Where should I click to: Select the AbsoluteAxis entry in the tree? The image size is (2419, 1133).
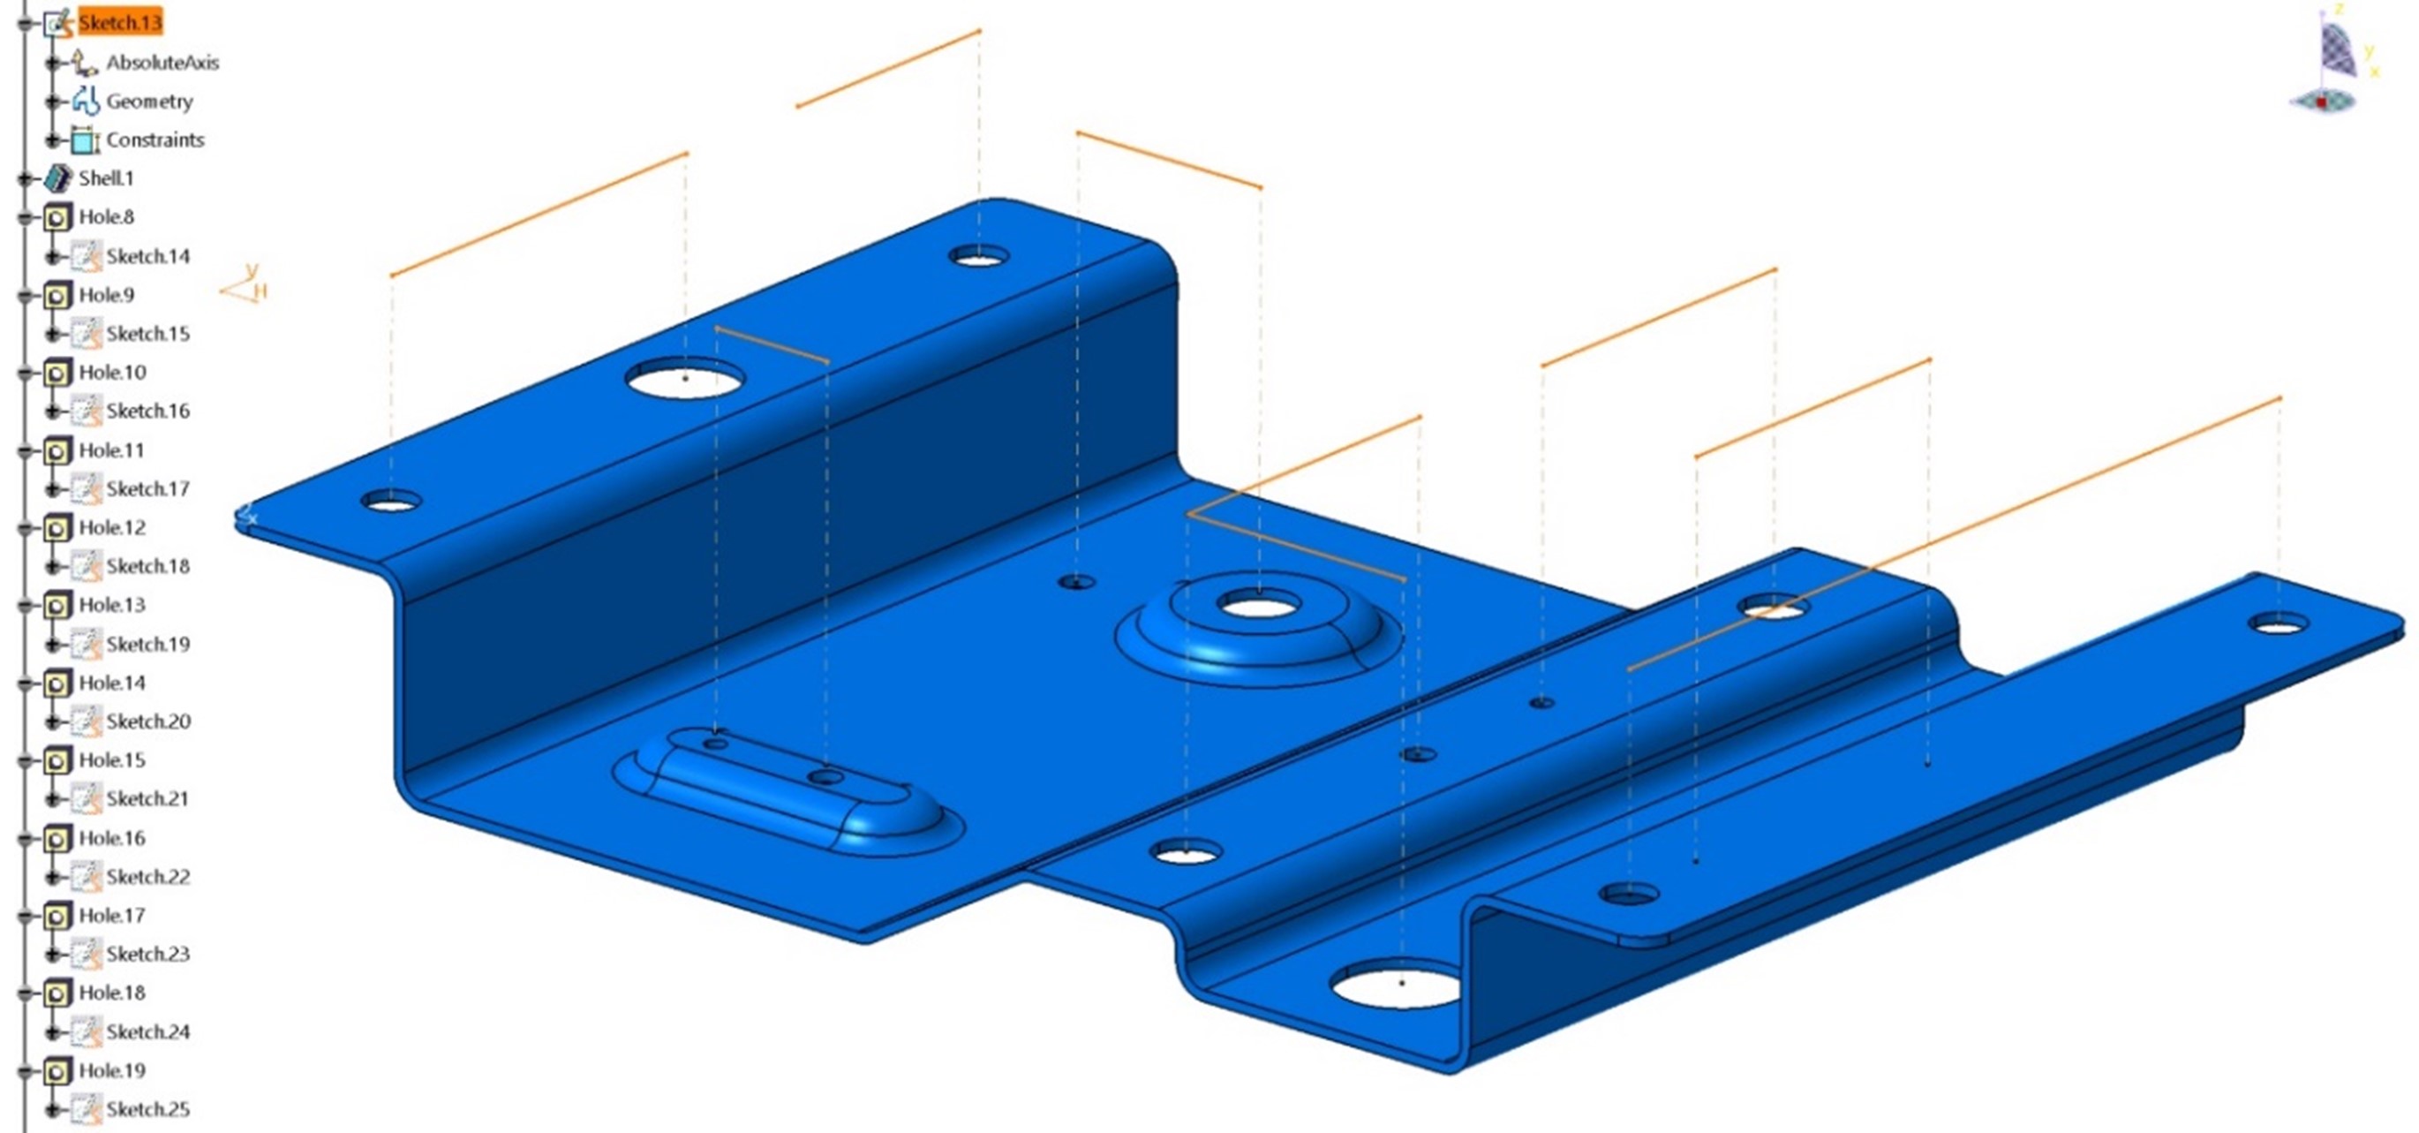coord(162,62)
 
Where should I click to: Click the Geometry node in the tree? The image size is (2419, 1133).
coord(148,101)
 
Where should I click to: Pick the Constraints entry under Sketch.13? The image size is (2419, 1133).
coord(154,139)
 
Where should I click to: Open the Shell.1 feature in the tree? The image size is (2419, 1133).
coord(105,178)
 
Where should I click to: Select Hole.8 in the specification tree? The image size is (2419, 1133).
coord(105,217)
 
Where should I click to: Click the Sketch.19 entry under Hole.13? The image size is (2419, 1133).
coord(147,644)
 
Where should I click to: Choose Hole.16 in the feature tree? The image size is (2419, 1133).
coord(111,837)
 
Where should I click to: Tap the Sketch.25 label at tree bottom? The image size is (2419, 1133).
coord(147,1108)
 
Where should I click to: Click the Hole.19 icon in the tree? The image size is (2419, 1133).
coord(57,1071)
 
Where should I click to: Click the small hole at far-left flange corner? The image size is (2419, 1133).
coord(390,502)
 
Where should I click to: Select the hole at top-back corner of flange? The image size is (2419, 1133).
coord(978,255)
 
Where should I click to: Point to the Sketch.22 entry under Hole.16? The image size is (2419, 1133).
coord(147,877)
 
